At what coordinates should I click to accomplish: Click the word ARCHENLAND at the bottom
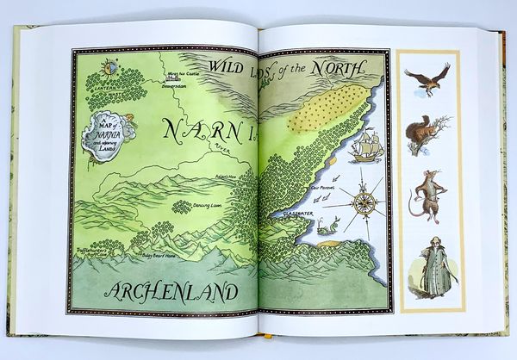pyautogui.click(x=168, y=293)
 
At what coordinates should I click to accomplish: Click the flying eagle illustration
pyautogui.click(x=428, y=78)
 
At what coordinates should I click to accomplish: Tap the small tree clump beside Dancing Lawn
pyautogui.click(x=182, y=208)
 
